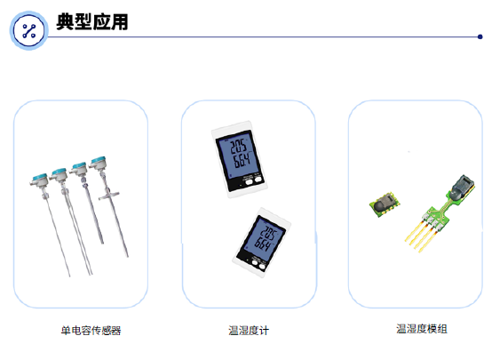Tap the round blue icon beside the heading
[x=28, y=32]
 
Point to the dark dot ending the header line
[x=480, y=37]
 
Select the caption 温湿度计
[x=249, y=331]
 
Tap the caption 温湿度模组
[x=422, y=329]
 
